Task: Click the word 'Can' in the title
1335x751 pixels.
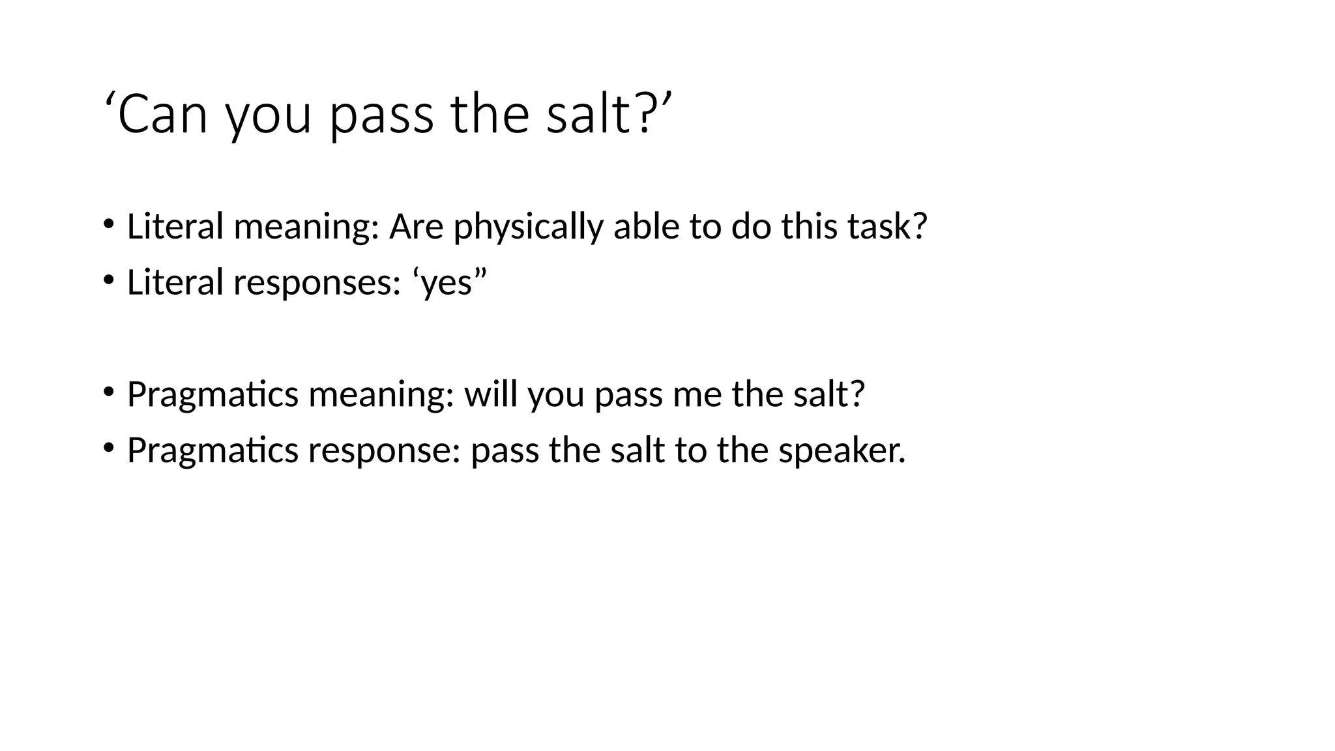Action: [x=163, y=115]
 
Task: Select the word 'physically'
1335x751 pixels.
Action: [x=529, y=227]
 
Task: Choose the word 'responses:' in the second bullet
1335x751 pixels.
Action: [x=317, y=283]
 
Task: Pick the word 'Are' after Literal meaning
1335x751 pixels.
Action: [x=416, y=227]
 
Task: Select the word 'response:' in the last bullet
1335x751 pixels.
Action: [x=385, y=450]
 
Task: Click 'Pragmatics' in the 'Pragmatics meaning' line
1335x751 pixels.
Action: [x=213, y=394]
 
